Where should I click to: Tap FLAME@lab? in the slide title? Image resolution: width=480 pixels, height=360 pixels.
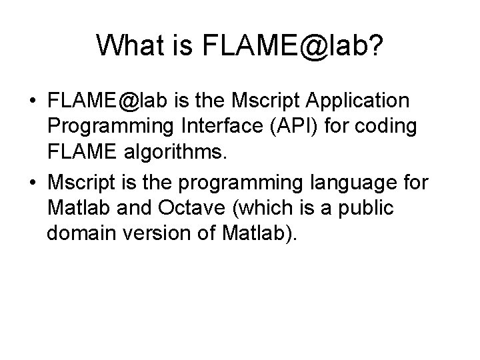click(287, 45)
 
